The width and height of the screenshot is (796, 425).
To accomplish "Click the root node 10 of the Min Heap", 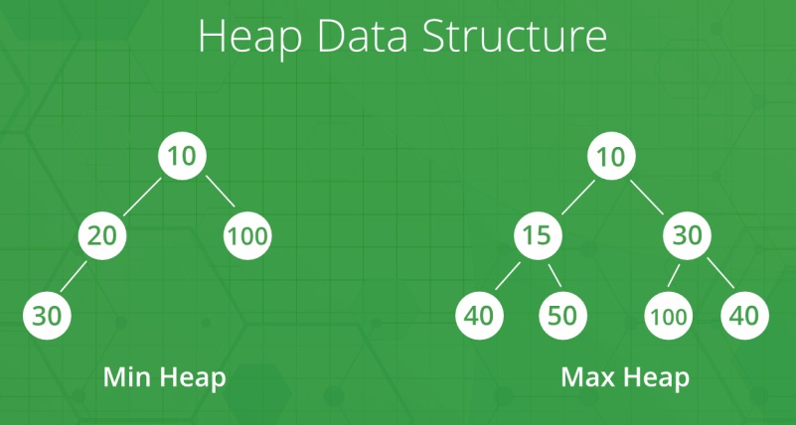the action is [181, 156].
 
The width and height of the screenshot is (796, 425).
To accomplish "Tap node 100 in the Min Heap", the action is [245, 236].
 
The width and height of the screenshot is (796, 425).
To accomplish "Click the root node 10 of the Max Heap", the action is [610, 156].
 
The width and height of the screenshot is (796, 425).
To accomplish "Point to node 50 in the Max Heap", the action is [563, 316].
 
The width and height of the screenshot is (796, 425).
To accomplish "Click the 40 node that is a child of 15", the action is [481, 316].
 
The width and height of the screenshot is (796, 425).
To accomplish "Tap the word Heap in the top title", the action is [243, 38].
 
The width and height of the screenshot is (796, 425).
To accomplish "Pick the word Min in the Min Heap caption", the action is [129, 377].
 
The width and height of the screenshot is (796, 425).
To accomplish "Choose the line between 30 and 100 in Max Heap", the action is [677, 276].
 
